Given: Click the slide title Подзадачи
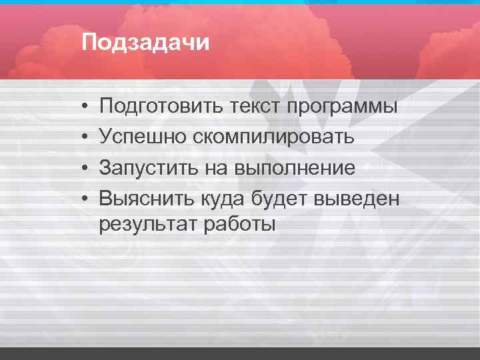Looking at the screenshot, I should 145,43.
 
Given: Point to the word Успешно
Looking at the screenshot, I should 143,137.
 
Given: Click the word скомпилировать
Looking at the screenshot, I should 275,137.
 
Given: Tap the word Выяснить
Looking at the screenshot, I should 147,198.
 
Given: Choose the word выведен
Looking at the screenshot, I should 360,198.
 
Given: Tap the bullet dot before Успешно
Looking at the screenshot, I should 87,137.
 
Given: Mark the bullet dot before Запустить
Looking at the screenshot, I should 87,168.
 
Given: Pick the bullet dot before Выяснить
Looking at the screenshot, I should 87,199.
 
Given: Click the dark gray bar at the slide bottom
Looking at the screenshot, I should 240,353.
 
